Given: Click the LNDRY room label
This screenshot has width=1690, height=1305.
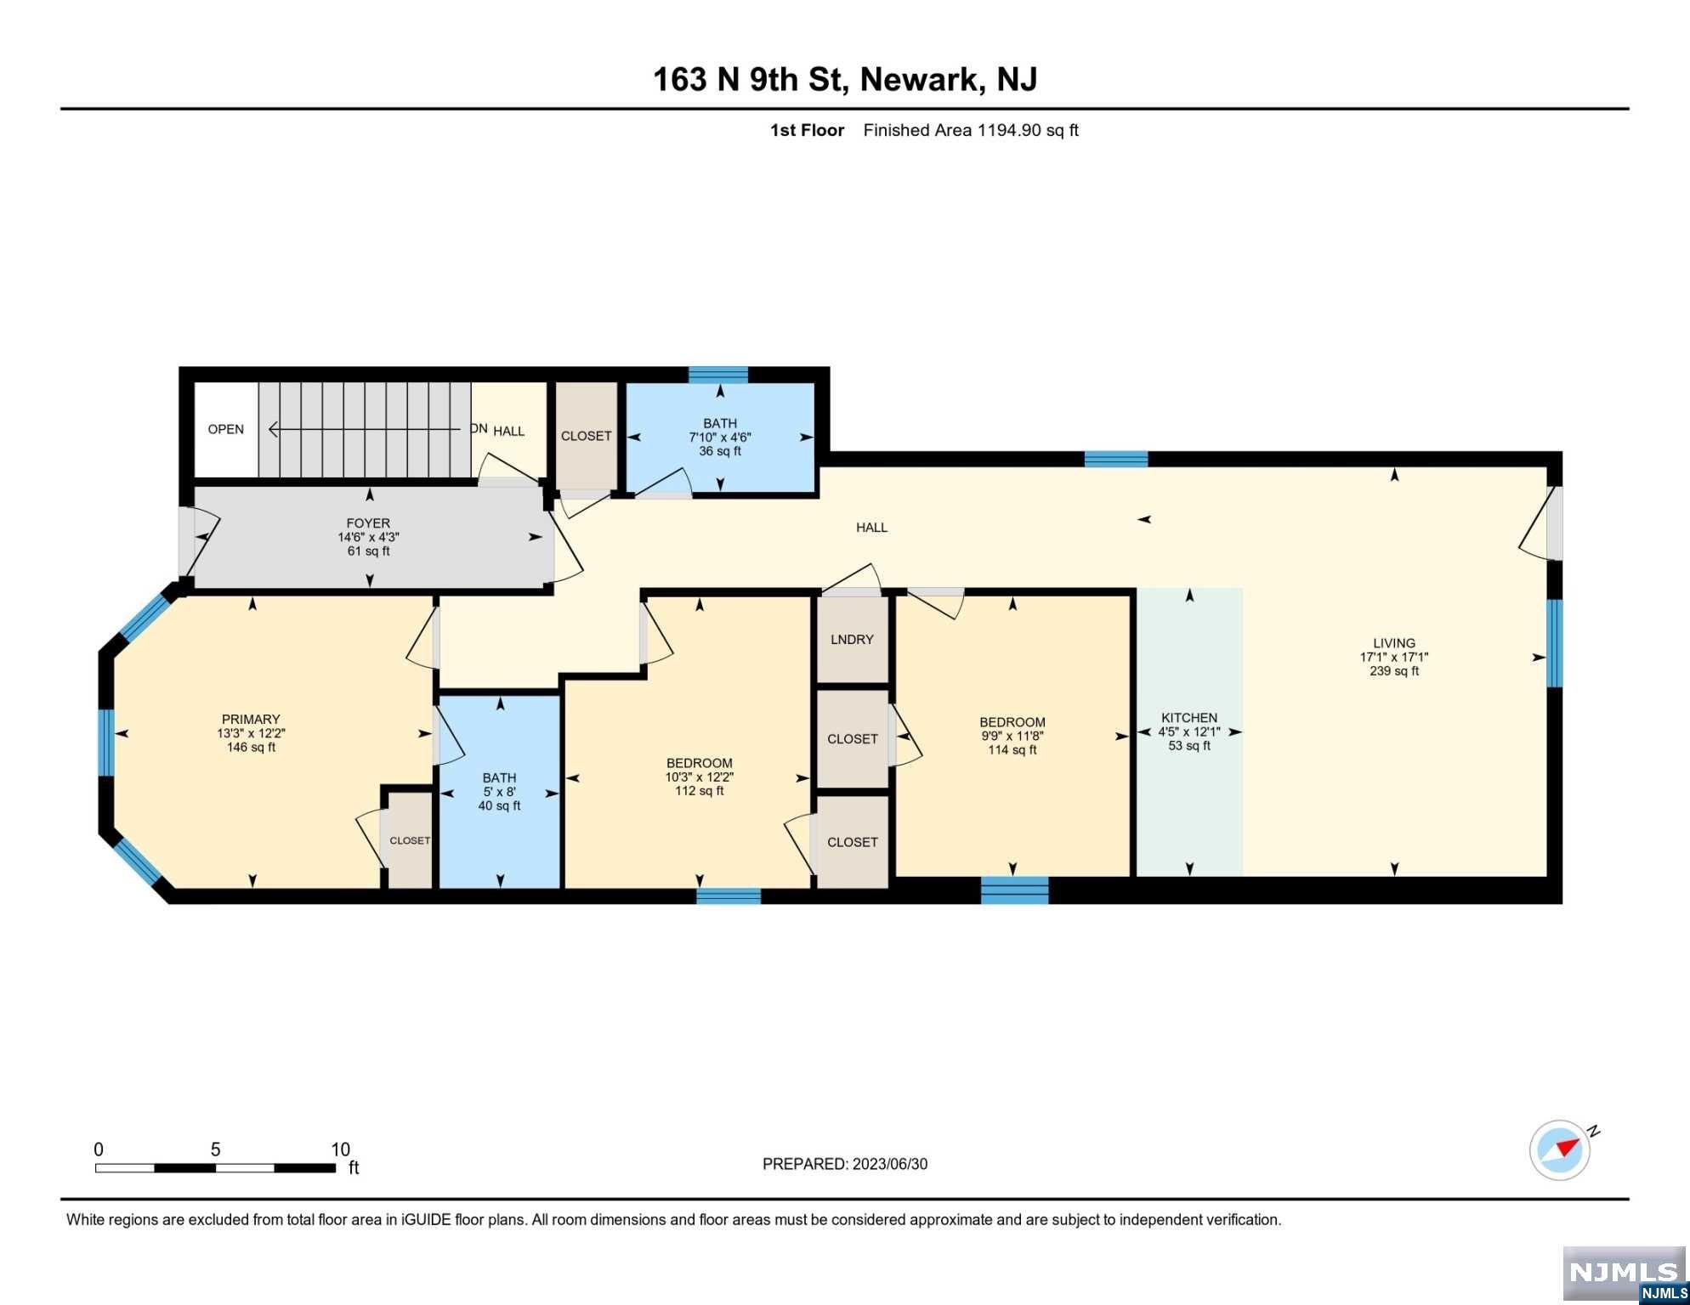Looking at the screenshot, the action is click(x=852, y=640).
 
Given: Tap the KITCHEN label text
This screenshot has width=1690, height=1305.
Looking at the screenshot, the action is click(x=1189, y=718).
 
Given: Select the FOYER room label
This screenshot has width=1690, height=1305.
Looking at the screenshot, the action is click(x=368, y=523).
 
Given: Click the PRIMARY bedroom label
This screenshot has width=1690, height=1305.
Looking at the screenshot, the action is click(x=251, y=719).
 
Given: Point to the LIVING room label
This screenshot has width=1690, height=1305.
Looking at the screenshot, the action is click(x=1394, y=643).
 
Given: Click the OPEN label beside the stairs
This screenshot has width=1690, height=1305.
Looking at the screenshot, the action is click(x=226, y=429).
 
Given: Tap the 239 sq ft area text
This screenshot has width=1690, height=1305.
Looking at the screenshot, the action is click(x=1394, y=671).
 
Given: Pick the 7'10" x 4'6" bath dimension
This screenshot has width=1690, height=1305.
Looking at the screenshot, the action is click(x=720, y=438).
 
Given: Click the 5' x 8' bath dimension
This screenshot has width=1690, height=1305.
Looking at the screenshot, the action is click(x=499, y=792).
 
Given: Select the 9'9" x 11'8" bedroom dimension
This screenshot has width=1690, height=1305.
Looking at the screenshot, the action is click(x=1012, y=736).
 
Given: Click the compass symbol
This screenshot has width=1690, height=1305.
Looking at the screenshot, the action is click(x=1561, y=1150).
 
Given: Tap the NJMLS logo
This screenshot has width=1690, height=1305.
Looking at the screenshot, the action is click(x=1624, y=1274).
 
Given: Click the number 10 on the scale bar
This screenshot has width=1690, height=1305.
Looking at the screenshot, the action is click(x=340, y=1150).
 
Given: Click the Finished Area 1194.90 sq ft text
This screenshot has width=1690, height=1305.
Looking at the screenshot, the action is click(x=971, y=130).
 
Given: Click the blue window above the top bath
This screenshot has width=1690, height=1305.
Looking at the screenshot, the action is click(x=718, y=375).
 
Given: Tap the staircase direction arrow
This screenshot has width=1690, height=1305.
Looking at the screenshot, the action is click(x=371, y=430).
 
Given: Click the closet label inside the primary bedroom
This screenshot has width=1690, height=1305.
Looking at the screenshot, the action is click(x=410, y=840).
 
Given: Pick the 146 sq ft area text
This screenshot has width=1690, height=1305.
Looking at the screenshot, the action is click(x=251, y=748).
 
